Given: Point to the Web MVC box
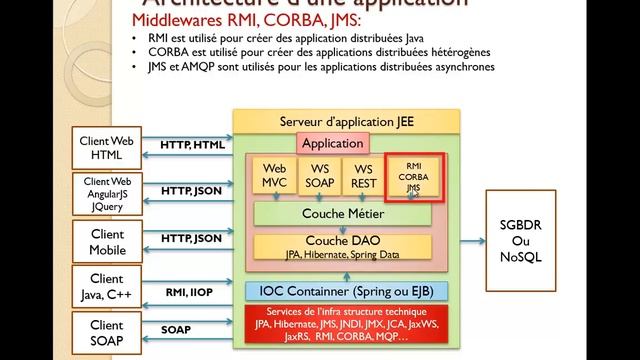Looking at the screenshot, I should tap(275, 176).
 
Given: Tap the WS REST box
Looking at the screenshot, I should tap(363, 176).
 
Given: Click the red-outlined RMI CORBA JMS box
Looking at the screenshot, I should tap(409, 176).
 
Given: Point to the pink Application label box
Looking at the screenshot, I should tap(332, 143).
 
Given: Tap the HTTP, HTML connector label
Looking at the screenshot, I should tap(194, 146).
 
